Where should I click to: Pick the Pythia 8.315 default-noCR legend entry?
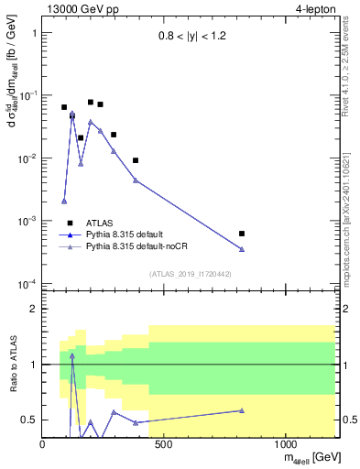[x=143, y=247]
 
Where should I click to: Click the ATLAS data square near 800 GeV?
[x=242, y=234]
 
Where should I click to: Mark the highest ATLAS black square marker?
[x=91, y=103]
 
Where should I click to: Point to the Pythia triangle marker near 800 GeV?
[x=242, y=249]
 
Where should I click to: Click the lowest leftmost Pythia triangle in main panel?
[x=64, y=201]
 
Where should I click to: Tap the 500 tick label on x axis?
[x=164, y=444]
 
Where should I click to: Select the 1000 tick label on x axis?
[x=286, y=444]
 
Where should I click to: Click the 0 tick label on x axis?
[x=43, y=444]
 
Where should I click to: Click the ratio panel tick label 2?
[x=33, y=309]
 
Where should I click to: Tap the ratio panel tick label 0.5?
[x=28, y=420]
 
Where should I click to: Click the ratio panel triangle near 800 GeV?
[x=242, y=410]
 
